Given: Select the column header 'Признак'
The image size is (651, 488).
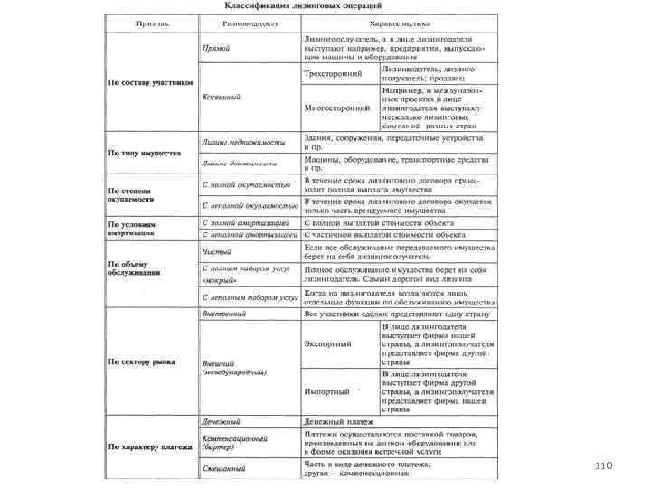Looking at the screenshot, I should click(150, 23).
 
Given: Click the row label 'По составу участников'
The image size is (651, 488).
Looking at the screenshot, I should click(151, 82).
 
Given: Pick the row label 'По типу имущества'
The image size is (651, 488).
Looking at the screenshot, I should click(144, 153).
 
